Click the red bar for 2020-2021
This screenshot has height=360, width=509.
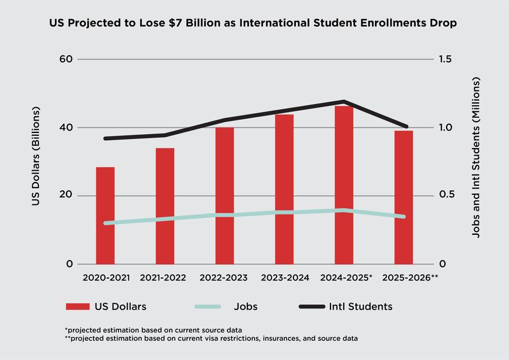point(105,216)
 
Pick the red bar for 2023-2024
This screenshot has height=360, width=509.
point(284,189)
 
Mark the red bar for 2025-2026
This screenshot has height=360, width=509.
point(404,198)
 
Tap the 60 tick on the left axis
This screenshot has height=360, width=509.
point(65,59)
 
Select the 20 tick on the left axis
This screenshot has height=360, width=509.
point(65,196)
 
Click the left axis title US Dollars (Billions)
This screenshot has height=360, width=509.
point(36,157)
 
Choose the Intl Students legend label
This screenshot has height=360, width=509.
point(360,307)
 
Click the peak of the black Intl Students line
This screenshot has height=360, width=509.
point(344,101)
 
